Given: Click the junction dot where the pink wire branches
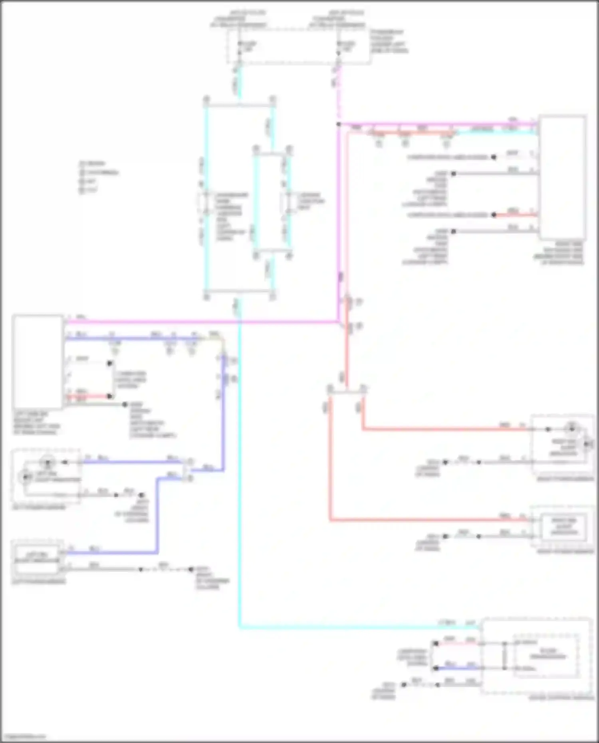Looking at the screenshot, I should coord(339,124).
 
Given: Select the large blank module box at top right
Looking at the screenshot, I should coord(562,177).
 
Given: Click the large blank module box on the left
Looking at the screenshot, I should coord(38,362).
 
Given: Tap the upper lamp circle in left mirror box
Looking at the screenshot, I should coord(48,463).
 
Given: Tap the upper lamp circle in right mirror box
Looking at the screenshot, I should coord(571,429).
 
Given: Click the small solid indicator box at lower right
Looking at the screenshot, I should coord(564,527).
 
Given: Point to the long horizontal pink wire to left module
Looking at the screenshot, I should coord(200,321).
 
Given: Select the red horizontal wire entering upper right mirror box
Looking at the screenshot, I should coord(439,430).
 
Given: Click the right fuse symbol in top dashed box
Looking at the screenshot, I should coord(339,47).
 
